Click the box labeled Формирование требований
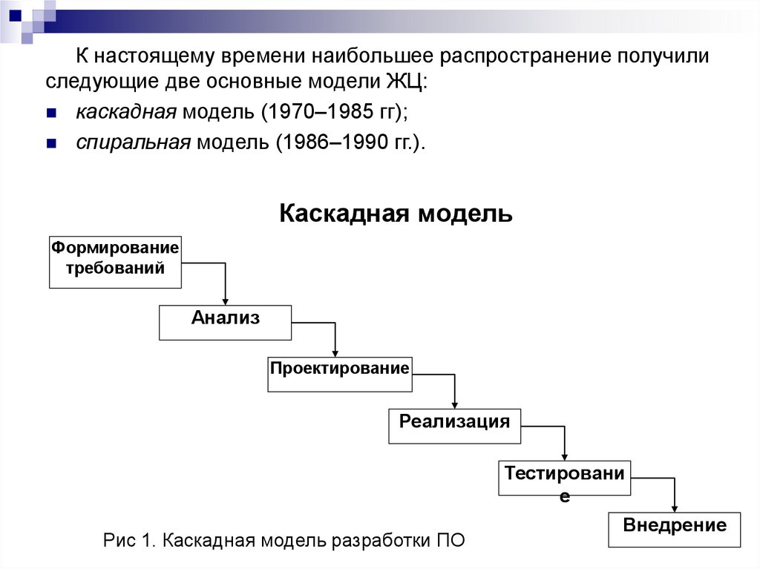115,262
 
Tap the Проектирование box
339,373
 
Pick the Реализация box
454,425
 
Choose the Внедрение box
674,529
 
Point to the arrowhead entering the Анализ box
225,300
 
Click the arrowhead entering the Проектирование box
335,352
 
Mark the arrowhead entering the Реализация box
454,404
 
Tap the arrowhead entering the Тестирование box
565,455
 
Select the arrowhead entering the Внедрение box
675,506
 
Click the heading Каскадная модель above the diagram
396,214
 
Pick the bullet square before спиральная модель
51,144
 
